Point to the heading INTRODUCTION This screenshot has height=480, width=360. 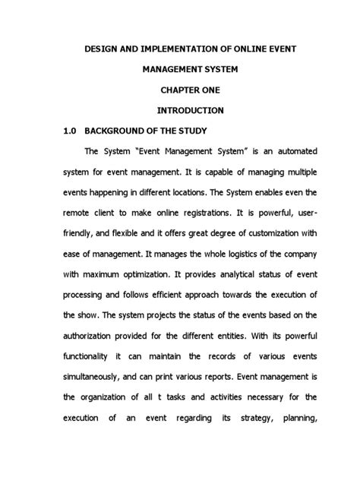click(179, 111)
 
